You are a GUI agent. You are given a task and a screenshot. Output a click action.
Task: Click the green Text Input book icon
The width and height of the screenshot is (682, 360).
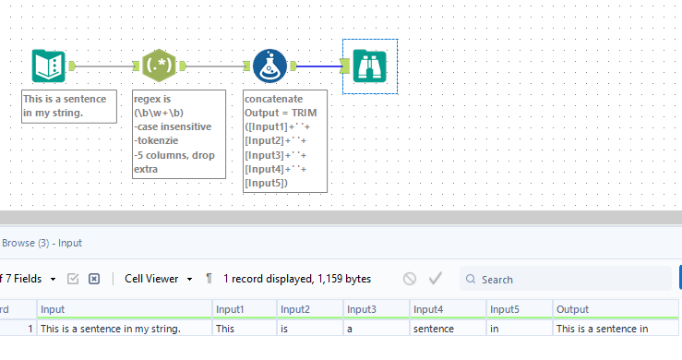[x=47, y=66]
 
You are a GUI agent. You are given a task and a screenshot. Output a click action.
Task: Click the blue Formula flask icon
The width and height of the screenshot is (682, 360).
[x=270, y=66]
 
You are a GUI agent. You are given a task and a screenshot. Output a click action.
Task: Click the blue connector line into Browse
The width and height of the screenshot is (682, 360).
[x=318, y=66]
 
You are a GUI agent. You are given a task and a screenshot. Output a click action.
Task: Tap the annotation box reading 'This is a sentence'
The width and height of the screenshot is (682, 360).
[x=69, y=106]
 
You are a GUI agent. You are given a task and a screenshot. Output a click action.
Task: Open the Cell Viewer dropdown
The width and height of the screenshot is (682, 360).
[x=159, y=279]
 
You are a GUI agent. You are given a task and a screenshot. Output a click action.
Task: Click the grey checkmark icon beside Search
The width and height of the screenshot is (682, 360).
[x=436, y=279]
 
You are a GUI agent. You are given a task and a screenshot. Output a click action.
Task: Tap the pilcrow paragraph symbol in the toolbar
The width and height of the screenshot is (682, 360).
[x=209, y=279]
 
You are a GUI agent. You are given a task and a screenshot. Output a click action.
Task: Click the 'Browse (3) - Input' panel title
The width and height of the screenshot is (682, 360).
[x=42, y=243]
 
